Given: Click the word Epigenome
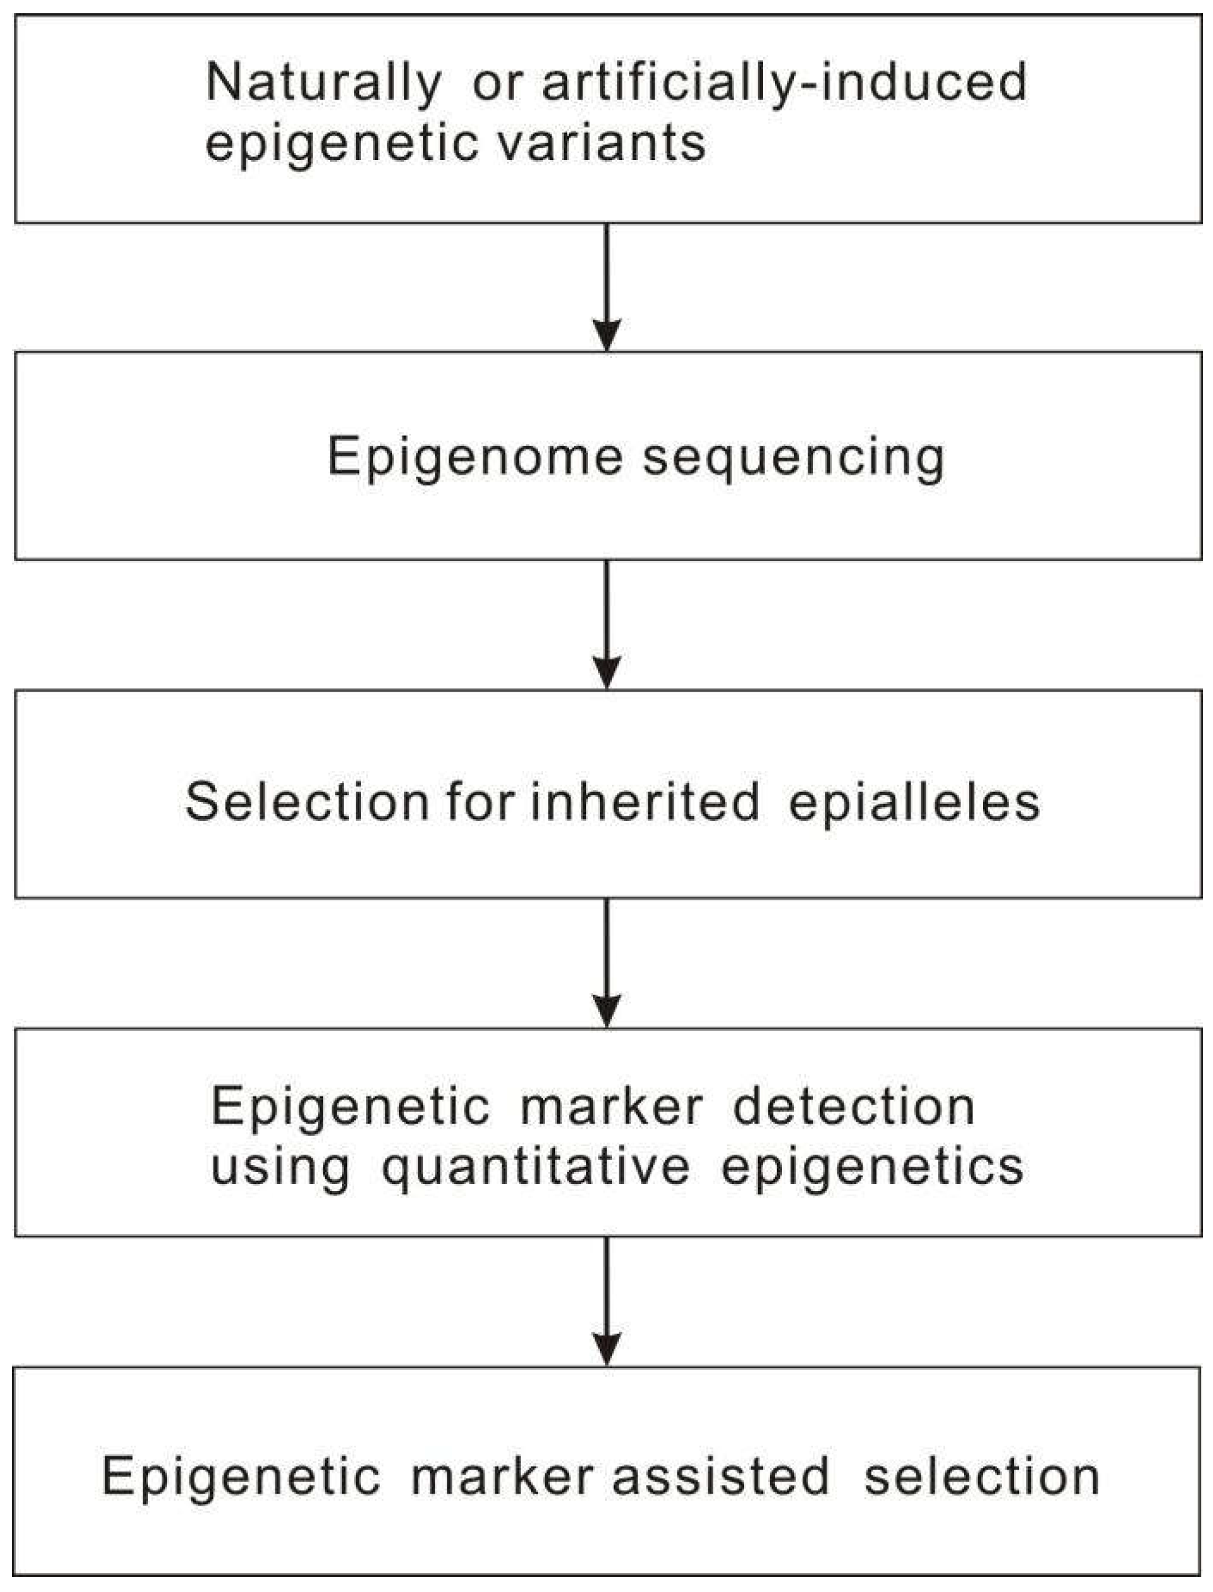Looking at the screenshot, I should [474, 457].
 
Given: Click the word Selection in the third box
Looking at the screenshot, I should [307, 802].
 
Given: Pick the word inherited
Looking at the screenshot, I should [645, 802].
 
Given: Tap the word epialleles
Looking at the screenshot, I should [914, 802].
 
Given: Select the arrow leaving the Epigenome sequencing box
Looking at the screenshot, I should [606, 625].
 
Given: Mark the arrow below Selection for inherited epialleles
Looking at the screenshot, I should [606, 963].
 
